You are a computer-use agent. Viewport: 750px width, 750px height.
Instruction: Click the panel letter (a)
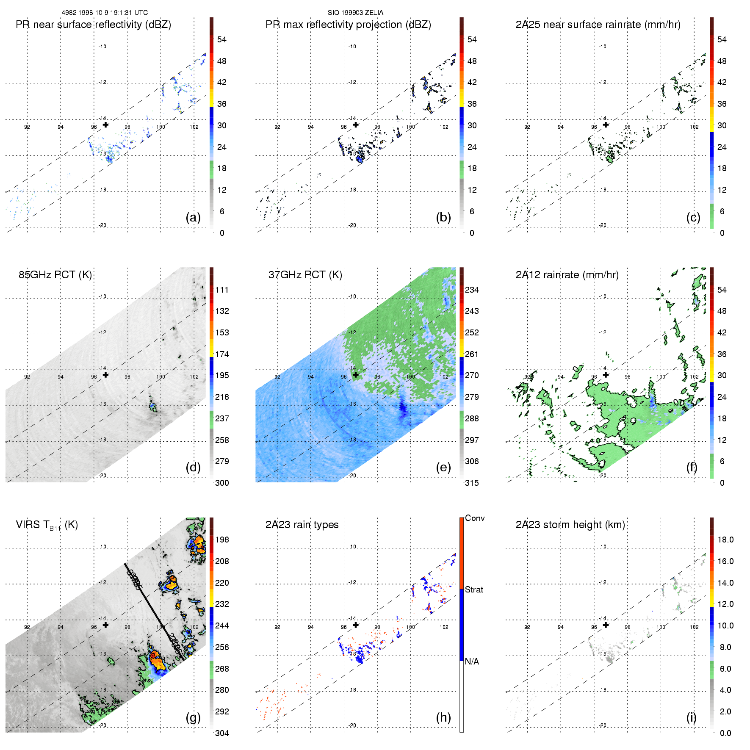[x=193, y=217]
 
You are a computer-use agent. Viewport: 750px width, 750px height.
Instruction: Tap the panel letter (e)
[x=443, y=467]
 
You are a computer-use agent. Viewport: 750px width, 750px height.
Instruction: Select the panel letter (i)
[x=691, y=717]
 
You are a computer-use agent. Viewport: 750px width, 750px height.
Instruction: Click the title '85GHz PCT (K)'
[x=55, y=274]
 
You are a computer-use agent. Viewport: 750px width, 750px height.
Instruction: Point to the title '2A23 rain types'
[x=302, y=525]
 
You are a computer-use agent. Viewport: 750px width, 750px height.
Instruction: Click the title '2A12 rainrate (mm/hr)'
[x=567, y=274]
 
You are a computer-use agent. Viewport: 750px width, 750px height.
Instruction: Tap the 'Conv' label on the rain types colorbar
[x=475, y=518]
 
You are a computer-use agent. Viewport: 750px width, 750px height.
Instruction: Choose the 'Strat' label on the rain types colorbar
[x=474, y=589]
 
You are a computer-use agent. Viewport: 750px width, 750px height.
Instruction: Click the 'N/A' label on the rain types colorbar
[x=472, y=661]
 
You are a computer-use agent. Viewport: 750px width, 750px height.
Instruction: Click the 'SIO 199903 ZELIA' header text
[x=355, y=13]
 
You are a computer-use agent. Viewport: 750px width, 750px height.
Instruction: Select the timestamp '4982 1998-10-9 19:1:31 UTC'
[x=105, y=13]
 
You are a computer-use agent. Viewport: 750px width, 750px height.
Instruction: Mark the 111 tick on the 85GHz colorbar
[x=222, y=290]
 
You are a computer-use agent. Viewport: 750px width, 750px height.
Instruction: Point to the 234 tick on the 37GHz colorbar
[x=472, y=290]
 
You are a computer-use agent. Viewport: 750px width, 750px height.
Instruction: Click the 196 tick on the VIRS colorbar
[x=222, y=540]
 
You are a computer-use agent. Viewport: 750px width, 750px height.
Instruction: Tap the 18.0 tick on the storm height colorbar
[x=725, y=540]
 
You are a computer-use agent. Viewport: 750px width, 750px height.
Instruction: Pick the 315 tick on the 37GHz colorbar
[x=472, y=483]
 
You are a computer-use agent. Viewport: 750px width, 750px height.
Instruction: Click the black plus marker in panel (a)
[x=105, y=125]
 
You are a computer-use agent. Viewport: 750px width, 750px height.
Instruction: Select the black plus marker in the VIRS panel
[x=105, y=625]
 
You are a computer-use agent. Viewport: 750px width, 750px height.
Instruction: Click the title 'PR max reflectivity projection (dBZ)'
[x=348, y=25]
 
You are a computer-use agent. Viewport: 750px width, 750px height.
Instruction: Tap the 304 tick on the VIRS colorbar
[x=222, y=733]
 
